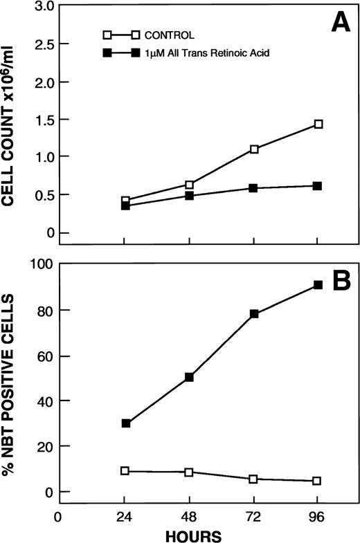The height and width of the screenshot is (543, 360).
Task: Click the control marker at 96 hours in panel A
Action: pos(318,125)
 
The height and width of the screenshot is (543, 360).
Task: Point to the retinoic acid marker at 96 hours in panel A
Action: pos(318,186)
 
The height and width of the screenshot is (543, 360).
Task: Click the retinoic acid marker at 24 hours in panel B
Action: pos(125,423)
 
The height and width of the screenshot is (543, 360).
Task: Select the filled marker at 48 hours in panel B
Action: pos(189,377)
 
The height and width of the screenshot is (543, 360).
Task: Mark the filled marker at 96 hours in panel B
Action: pos(318,284)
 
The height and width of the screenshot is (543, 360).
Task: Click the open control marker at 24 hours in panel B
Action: pos(125,470)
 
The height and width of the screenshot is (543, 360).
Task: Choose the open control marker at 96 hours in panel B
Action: pos(318,481)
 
